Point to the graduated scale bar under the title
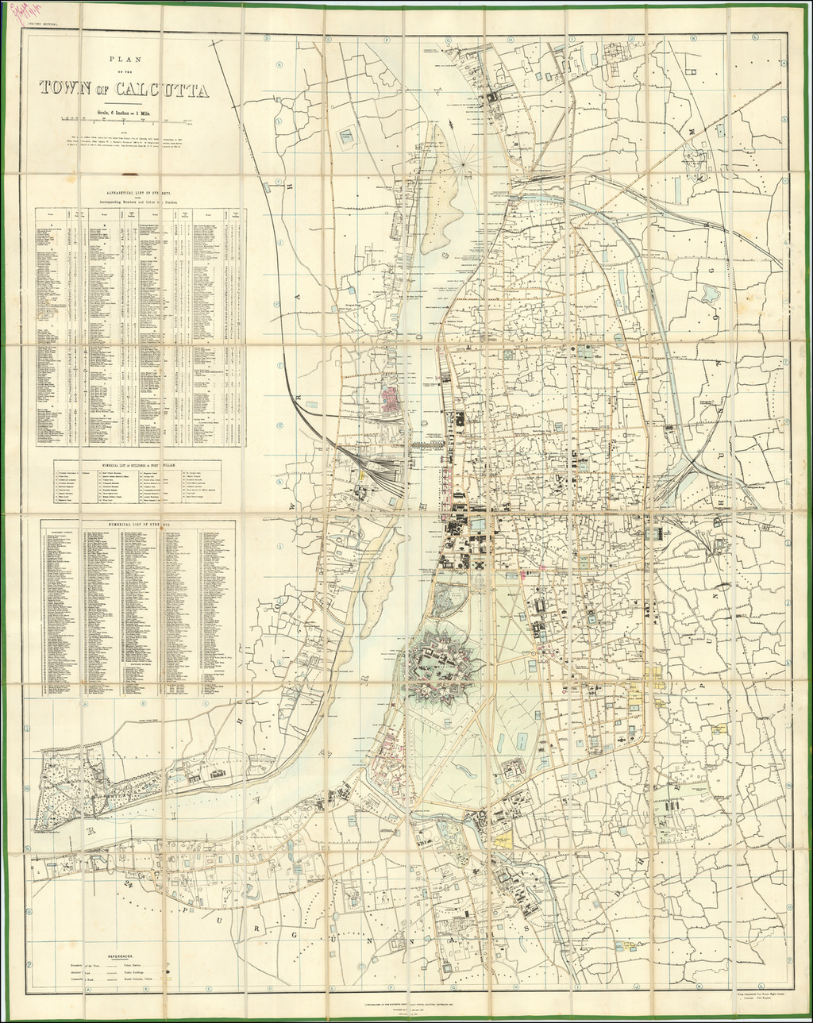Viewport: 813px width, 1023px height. (127, 119)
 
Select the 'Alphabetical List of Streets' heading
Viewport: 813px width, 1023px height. (129, 193)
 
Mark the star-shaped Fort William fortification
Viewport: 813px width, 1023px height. (441, 665)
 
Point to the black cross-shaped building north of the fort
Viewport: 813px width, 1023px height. (480, 563)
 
